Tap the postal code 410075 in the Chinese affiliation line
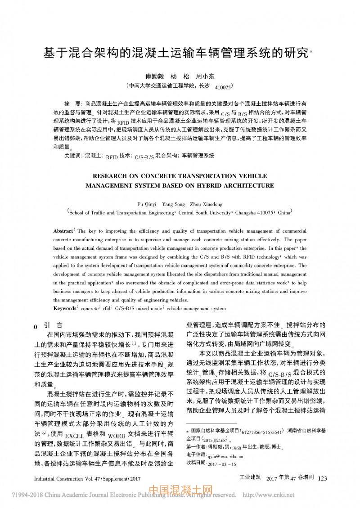224,87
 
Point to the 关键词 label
73,155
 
